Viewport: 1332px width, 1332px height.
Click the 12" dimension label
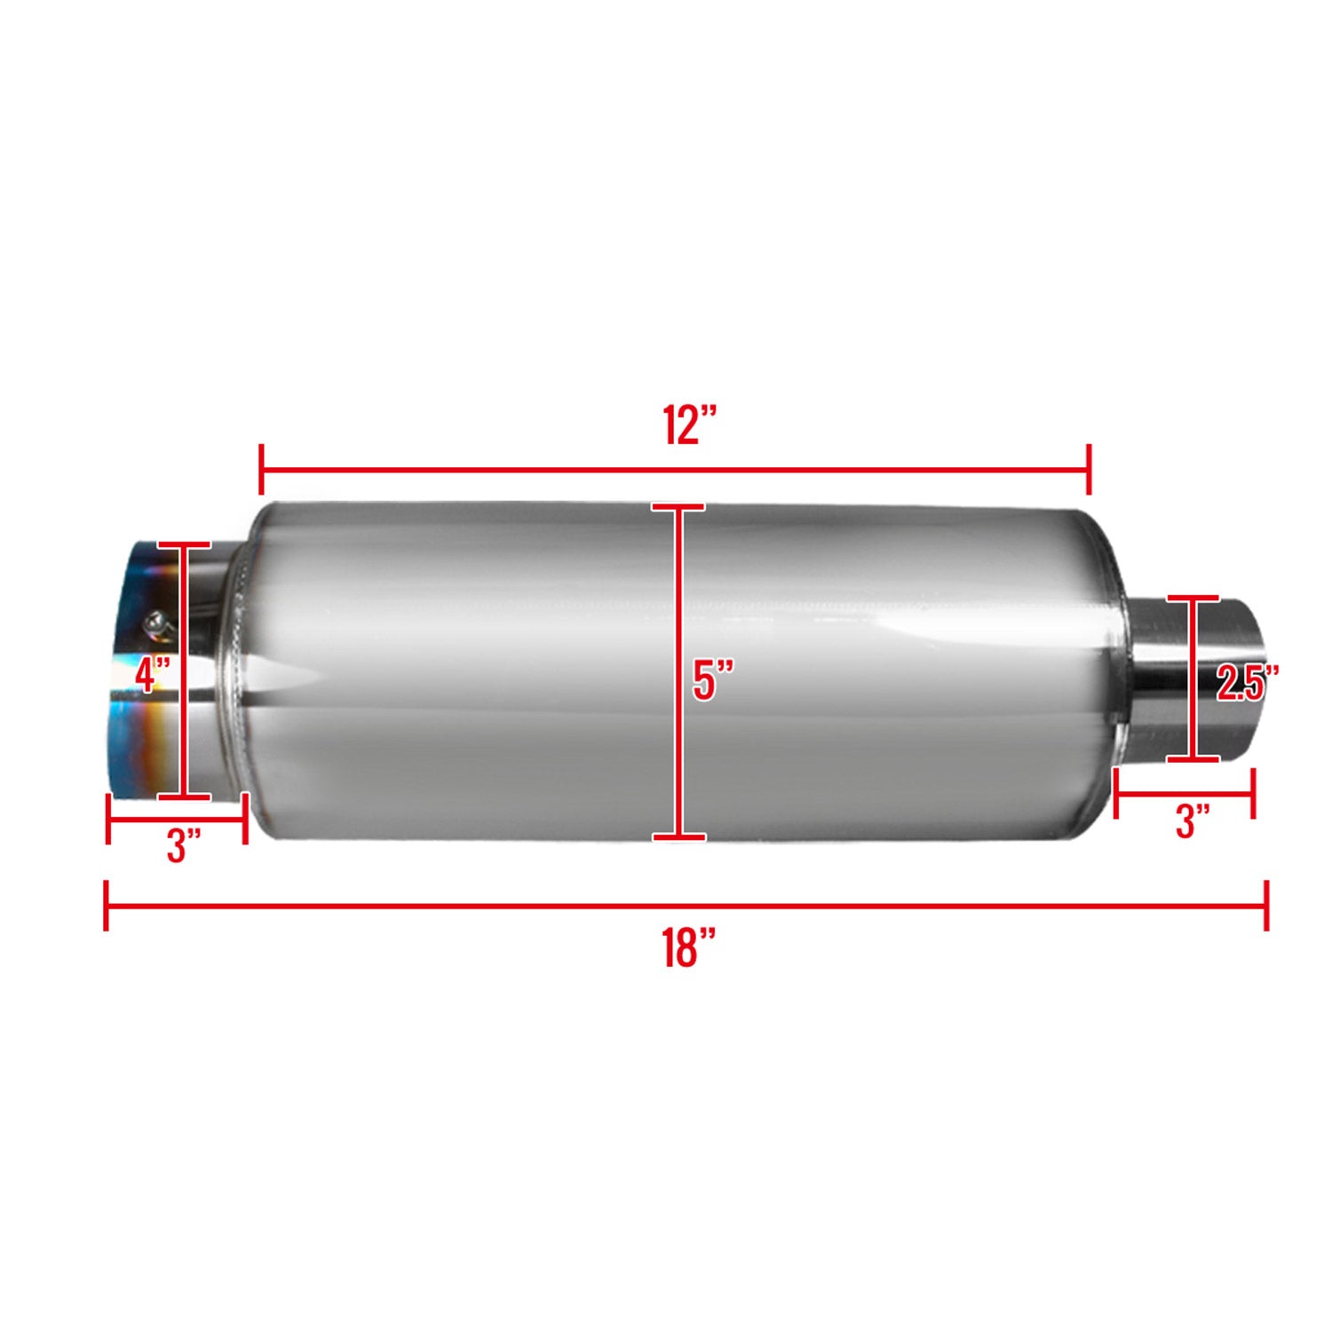689,425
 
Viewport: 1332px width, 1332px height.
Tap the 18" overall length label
689,947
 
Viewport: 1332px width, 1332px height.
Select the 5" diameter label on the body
713,680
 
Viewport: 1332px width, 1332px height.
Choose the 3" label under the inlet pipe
1192,821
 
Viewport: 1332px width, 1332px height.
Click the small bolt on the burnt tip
157,622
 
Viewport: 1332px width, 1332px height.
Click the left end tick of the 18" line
107,906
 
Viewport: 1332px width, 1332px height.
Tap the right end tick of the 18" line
1266,906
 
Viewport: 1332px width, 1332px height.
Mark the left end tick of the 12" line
261,471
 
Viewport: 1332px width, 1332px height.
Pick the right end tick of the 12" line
1089,471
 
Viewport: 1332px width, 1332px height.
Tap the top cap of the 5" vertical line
678,508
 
